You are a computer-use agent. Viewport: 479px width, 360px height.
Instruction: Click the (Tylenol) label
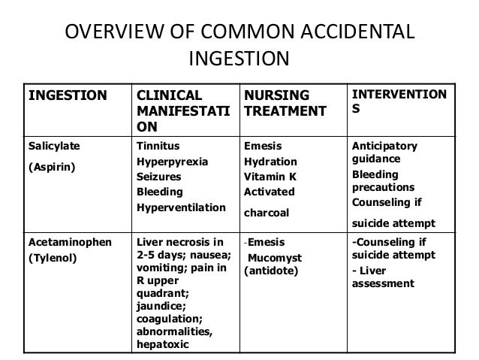(x=52, y=258)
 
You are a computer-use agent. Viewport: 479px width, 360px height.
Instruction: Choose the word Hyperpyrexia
(x=172, y=162)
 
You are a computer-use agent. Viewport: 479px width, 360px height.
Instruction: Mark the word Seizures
(x=158, y=177)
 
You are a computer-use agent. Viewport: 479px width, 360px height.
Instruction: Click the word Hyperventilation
(x=181, y=206)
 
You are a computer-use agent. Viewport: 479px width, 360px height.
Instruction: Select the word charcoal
(x=268, y=212)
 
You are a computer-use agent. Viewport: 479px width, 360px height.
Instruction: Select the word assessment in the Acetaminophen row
(x=383, y=284)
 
